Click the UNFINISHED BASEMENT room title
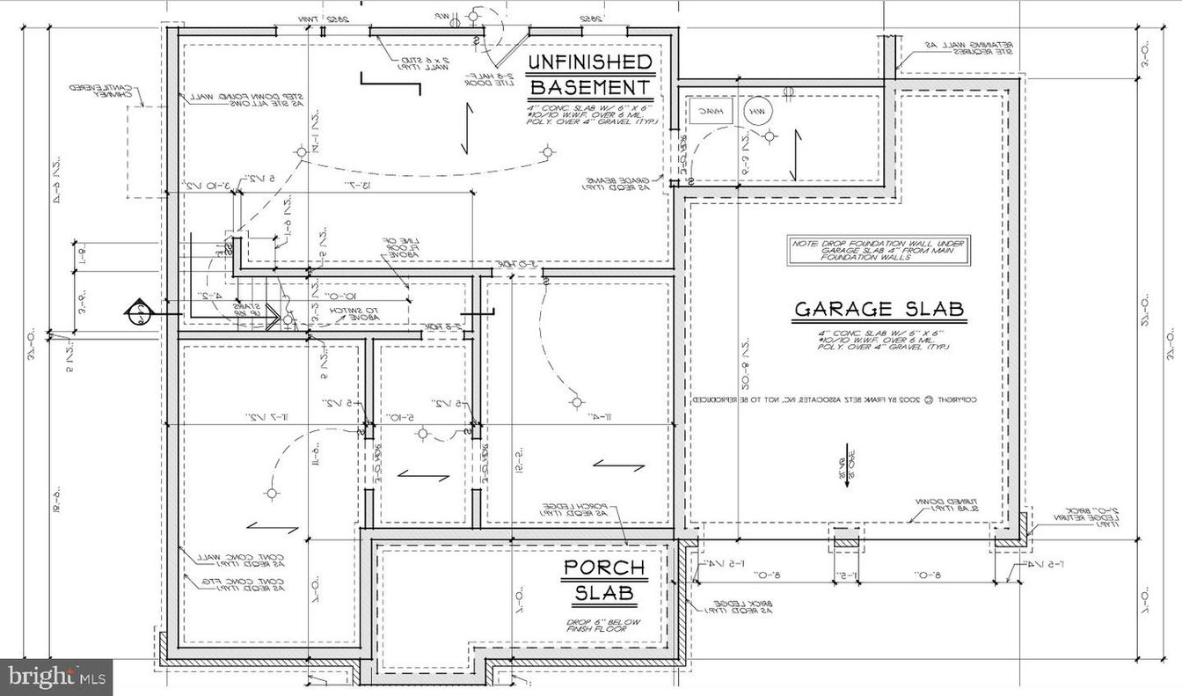point(590,75)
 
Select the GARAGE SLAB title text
point(879,310)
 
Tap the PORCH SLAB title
point(604,581)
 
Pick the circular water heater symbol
point(755,112)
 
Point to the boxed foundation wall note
point(879,249)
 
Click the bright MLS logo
point(56,677)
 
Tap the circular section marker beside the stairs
point(137,311)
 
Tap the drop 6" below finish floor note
point(605,627)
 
